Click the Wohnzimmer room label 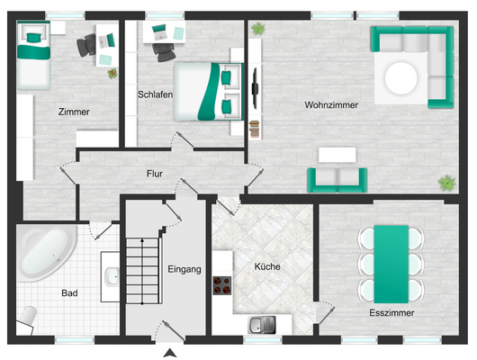[331, 105]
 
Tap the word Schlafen [155, 94]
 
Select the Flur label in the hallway [155, 174]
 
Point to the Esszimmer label [391, 313]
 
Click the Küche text [267, 266]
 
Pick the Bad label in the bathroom [69, 293]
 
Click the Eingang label [184, 269]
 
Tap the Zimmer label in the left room [74, 112]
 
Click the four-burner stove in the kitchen [221, 285]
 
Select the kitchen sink [262, 325]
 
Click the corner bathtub [46, 251]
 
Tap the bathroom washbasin [112, 276]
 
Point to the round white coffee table [400, 78]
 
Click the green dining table [391, 264]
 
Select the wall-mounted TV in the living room [255, 88]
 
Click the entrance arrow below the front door [170, 353]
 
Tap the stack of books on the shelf [255, 129]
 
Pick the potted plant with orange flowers [112, 73]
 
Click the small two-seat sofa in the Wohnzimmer [337, 180]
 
